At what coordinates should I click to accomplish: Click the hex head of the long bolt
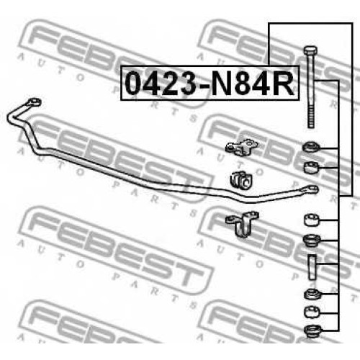pyautogui.click(x=310, y=50)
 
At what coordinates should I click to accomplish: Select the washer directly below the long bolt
pyautogui.click(x=311, y=147)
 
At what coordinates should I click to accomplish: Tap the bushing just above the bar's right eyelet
pyautogui.click(x=311, y=167)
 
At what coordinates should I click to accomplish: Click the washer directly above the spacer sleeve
pyautogui.click(x=312, y=240)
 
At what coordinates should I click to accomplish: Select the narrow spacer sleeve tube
pyautogui.click(x=312, y=267)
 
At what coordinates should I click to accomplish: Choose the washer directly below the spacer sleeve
pyautogui.click(x=312, y=294)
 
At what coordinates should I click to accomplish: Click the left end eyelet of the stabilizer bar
pyautogui.click(x=35, y=103)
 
